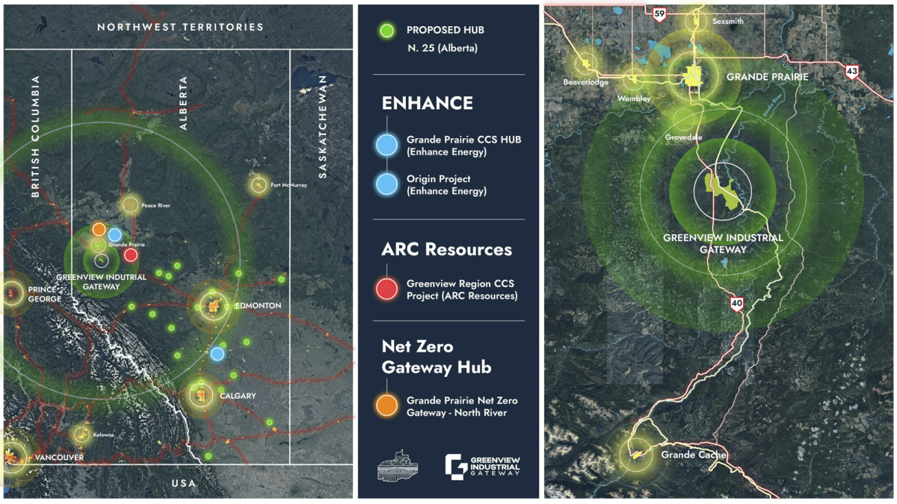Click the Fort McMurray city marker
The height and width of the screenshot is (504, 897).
[x=259, y=184]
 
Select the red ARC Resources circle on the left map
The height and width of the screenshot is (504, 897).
[x=131, y=255]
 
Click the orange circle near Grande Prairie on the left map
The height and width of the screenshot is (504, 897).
[x=99, y=229]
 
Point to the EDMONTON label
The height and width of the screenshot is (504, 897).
[x=259, y=306]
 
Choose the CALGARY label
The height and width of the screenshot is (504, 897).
[x=238, y=396]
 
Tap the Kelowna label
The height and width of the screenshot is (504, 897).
[x=104, y=435]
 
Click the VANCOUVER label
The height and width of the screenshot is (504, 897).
[x=59, y=457]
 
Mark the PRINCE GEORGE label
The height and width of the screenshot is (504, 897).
[x=46, y=293]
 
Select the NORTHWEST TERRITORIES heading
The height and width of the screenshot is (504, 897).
[x=180, y=27]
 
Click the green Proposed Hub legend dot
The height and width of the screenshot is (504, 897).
[x=386, y=31]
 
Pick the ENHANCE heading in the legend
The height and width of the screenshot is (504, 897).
[x=428, y=103]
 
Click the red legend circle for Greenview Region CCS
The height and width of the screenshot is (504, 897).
[x=386, y=289]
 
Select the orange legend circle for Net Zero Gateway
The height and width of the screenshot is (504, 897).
[x=386, y=405]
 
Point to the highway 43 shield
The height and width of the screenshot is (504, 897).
[x=851, y=72]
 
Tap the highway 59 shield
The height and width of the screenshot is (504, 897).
[x=659, y=13]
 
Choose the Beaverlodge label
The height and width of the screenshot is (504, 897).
[x=586, y=81]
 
